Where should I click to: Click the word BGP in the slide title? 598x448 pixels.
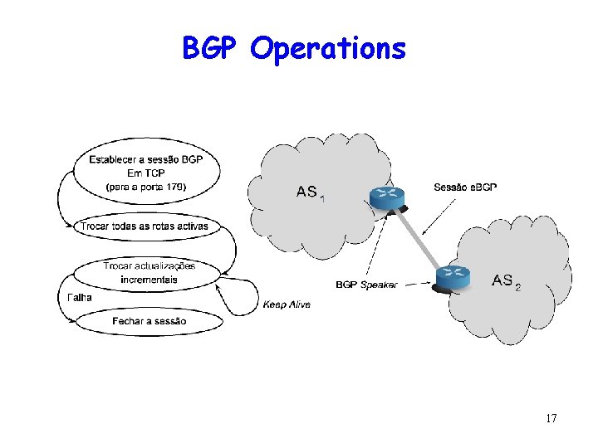pos(212,49)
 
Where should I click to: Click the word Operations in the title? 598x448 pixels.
pos(328,50)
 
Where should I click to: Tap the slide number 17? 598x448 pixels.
pos(551,418)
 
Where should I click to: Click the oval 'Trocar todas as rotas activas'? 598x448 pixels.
pos(144,226)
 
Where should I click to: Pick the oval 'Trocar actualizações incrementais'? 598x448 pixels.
pos(148,273)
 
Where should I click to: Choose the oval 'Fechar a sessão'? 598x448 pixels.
pos(149,320)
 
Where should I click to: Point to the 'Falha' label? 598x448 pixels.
pos(79,297)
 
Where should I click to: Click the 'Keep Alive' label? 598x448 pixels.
pos(287,304)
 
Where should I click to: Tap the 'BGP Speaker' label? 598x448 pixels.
pos(366,285)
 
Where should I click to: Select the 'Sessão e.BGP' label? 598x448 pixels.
pos(465,187)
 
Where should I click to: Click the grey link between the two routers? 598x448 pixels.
pos(419,237)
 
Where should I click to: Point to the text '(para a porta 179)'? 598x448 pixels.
pos(146,187)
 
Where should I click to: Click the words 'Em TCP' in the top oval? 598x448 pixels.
pos(146,173)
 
